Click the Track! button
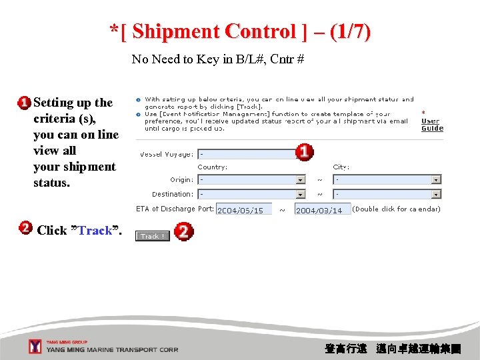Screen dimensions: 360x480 tap(152, 236)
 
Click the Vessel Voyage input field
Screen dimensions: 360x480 tap(247, 154)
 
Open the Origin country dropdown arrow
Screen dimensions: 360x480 tap(301, 179)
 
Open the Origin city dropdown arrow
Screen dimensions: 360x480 tap(436, 179)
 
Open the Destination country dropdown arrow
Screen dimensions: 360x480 tap(301, 194)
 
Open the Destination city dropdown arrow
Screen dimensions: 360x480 tap(436, 194)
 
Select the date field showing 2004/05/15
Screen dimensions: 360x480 tap(243, 210)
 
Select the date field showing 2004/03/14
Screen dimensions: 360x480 tap(322, 210)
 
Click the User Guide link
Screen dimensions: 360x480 tap(432, 125)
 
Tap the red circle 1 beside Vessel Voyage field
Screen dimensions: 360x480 tap(304, 152)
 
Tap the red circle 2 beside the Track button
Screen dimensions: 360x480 tap(183, 232)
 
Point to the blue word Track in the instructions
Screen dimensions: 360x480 tap(95, 231)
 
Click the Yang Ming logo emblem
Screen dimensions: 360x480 tap(35, 347)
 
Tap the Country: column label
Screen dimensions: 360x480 tap(212, 167)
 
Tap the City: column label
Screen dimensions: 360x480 tap(341, 167)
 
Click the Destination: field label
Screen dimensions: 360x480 tap(172, 194)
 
